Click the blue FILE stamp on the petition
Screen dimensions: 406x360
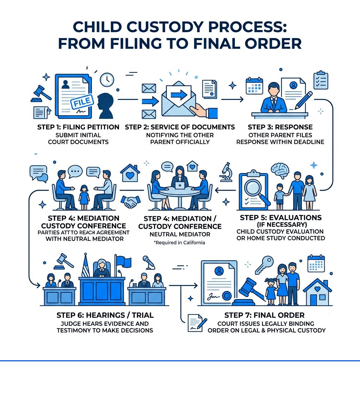(x=82, y=102)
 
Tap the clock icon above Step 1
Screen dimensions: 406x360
(x=107, y=80)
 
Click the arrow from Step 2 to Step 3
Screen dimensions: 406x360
(x=232, y=100)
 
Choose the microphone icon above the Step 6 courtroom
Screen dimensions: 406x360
(x=146, y=261)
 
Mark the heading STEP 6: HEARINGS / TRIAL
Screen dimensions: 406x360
(x=105, y=315)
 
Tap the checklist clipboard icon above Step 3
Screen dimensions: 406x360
(x=321, y=81)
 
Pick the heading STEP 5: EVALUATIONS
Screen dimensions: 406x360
(x=276, y=217)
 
